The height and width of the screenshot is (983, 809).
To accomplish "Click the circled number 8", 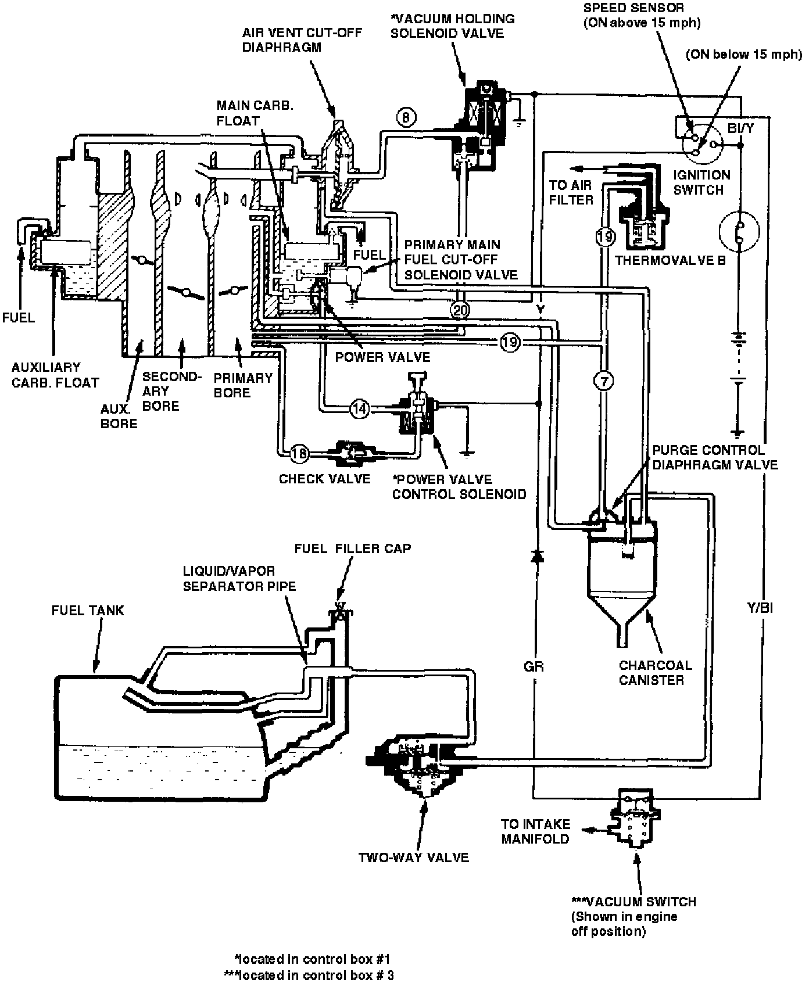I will [406, 117].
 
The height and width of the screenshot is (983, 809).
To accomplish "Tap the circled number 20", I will [460, 311].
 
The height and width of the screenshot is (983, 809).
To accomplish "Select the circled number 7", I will [604, 381].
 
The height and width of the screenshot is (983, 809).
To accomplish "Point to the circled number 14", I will [360, 409].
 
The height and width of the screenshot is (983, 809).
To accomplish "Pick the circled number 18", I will [299, 453].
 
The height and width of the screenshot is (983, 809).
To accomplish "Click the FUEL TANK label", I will [88, 611].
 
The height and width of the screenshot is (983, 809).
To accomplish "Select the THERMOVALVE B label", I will [670, 260].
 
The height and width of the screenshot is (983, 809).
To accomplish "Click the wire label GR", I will [534, 667].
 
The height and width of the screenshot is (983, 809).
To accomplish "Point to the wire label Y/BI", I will [760, 608].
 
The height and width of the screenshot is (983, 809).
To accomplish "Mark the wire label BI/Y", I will [740, 128].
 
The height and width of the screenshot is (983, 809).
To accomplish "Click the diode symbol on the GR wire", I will [538, 557].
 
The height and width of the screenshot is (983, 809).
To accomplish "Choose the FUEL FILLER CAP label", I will [352, 548].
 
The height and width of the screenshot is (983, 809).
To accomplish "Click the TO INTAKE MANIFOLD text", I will [536, 831].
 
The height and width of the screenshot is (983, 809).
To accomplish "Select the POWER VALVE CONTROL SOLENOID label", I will [459, 487].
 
